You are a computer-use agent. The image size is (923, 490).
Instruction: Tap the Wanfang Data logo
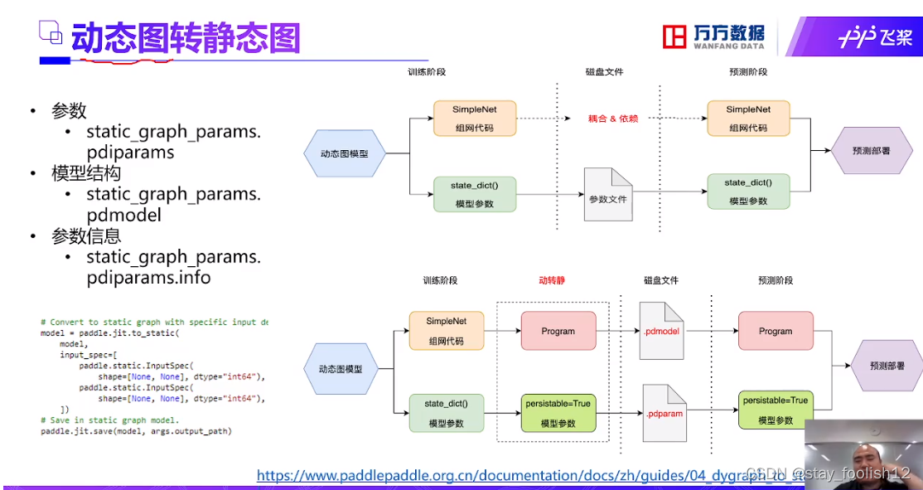[x=714, y=36]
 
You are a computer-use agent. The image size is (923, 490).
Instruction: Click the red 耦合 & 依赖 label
[x=613, y=119]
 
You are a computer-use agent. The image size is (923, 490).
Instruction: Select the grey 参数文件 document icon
[x=608, y=196]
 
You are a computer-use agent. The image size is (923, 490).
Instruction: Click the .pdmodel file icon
[x=662, y=326]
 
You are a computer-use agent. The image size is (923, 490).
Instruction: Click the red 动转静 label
[x=552, y=280]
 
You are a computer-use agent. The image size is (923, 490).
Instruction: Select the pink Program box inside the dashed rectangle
[x=558, y=331]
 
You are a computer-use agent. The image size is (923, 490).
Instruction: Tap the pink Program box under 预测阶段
[x=776, y=331]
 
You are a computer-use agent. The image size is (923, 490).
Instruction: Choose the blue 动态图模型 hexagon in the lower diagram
[x=341, y=368]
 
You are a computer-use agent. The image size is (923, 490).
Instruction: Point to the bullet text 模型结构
[x=86, y=173]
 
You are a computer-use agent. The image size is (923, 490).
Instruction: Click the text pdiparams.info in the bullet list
[x=148, y=278]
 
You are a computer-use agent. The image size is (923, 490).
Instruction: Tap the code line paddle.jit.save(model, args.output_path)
[x=136, y=431]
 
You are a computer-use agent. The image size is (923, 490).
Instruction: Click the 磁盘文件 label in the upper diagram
[x=604, y=72]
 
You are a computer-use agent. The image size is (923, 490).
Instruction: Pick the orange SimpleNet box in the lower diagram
[x=446, y=331]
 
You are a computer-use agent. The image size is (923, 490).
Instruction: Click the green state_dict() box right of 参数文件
[x=747, y=192]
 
